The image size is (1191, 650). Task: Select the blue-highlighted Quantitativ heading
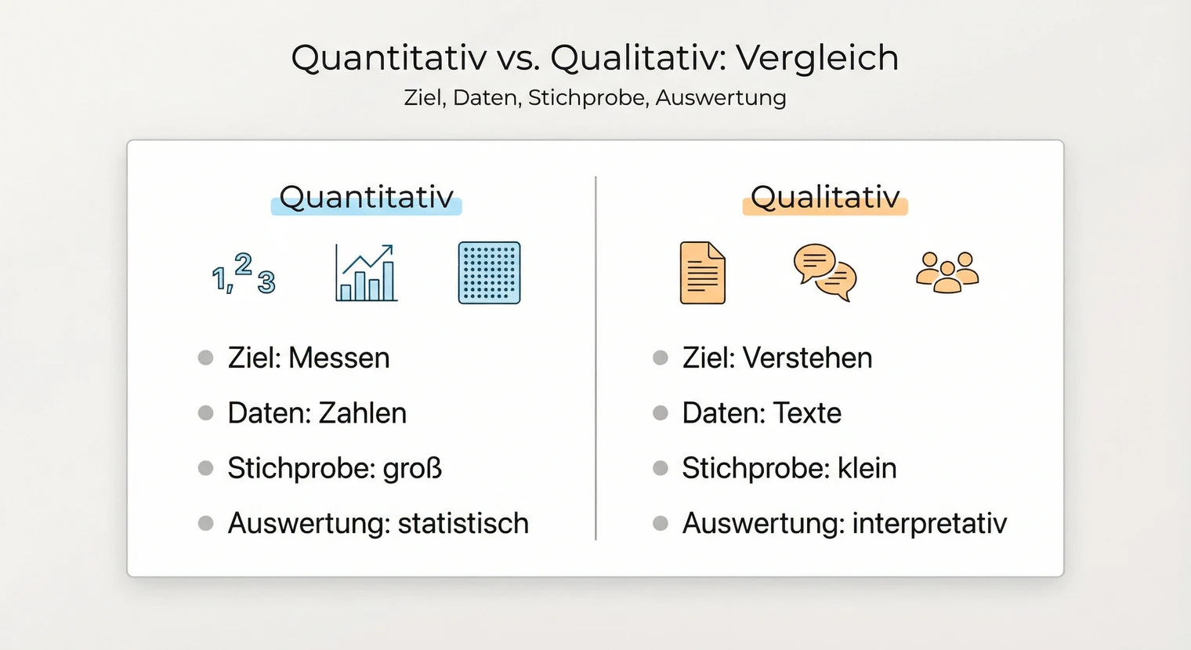tap(367, 198)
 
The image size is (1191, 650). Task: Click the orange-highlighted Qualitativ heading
tap(825, 198)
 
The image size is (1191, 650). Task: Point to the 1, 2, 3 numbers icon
tap(244, 274)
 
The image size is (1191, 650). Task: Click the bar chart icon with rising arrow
tap(365, 273)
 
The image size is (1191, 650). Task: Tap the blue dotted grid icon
tap(489, 273)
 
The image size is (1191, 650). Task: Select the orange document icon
tap(702, 273)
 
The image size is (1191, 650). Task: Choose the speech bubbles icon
tap(824, 273)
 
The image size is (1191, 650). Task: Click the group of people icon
tap(947, 273)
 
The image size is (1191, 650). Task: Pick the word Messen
tap(338, 358)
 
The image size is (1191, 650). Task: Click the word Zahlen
tap(362, 413)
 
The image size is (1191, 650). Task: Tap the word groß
tap(412, 468)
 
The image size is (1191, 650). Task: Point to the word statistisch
tap(463, 523)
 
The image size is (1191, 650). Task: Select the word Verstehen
tap(807, 358)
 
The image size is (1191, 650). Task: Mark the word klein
tap(867, 468)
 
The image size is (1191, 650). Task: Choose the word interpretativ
tap(929, 523)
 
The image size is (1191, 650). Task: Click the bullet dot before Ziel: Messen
tap(206, 358)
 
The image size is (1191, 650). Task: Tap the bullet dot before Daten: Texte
tap(661, 413)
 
